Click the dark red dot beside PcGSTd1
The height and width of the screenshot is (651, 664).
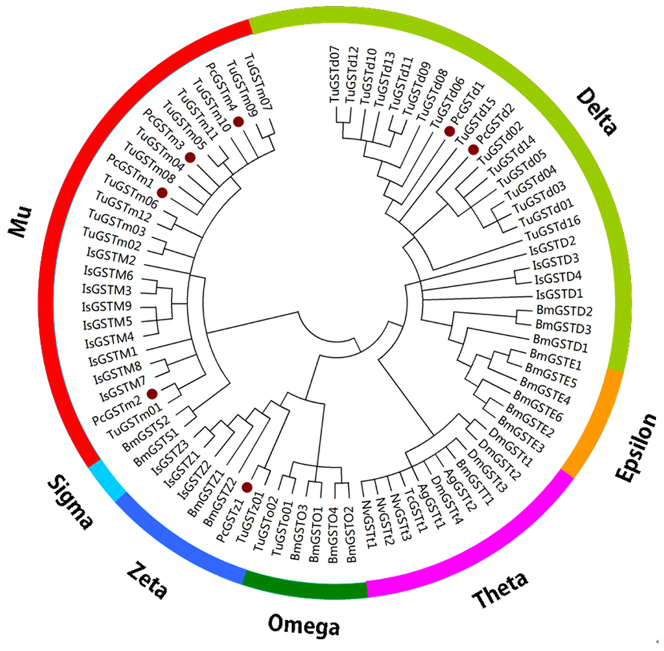pos(448,132)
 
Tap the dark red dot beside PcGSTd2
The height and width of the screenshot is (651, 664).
pos(473,150)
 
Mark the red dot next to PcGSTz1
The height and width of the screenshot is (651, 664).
pos(246,487)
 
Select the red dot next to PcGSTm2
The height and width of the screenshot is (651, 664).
pos(152,394)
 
